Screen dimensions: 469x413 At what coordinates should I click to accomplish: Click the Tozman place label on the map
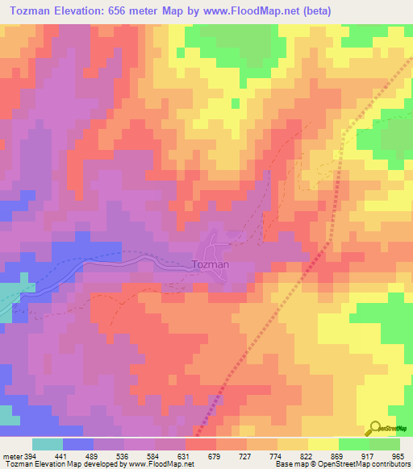click(x=212, y=264)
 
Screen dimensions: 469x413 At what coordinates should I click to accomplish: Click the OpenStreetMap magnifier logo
click(x=374, y=428)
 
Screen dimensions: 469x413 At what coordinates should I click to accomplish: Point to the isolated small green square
click(x=235, y=103)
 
